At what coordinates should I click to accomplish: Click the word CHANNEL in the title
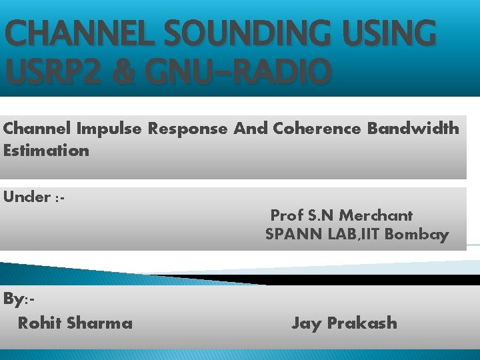click(80, 33)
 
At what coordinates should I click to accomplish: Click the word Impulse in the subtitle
click(109, 129)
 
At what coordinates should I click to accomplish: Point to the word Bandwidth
click(413, 128)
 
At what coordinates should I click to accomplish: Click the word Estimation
click(46, 151)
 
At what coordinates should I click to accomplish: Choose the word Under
click(27, 197)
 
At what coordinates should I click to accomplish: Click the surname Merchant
click(376, 215)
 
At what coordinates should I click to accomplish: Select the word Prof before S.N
click(287, 215)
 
